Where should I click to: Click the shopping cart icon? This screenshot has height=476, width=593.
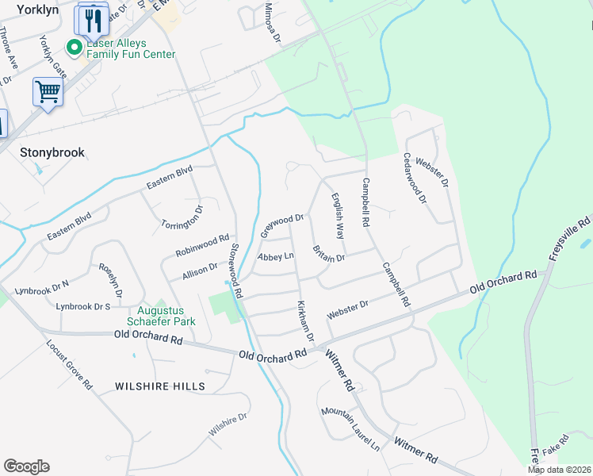(48, 92)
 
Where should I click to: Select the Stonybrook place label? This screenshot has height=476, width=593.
(52, 152)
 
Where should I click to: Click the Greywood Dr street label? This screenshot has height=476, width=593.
(282, 225)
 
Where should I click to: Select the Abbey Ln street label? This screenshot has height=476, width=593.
(276, 256)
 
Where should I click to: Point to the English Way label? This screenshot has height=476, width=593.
(338, 217)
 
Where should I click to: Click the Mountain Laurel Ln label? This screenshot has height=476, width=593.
(350, 430)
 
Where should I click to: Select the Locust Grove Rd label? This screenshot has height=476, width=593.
(71, 366)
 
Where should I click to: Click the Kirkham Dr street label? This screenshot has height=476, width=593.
(305, 321)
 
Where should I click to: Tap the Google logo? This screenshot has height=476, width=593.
(26, 466)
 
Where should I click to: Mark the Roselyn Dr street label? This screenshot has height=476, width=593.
(110, 280)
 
